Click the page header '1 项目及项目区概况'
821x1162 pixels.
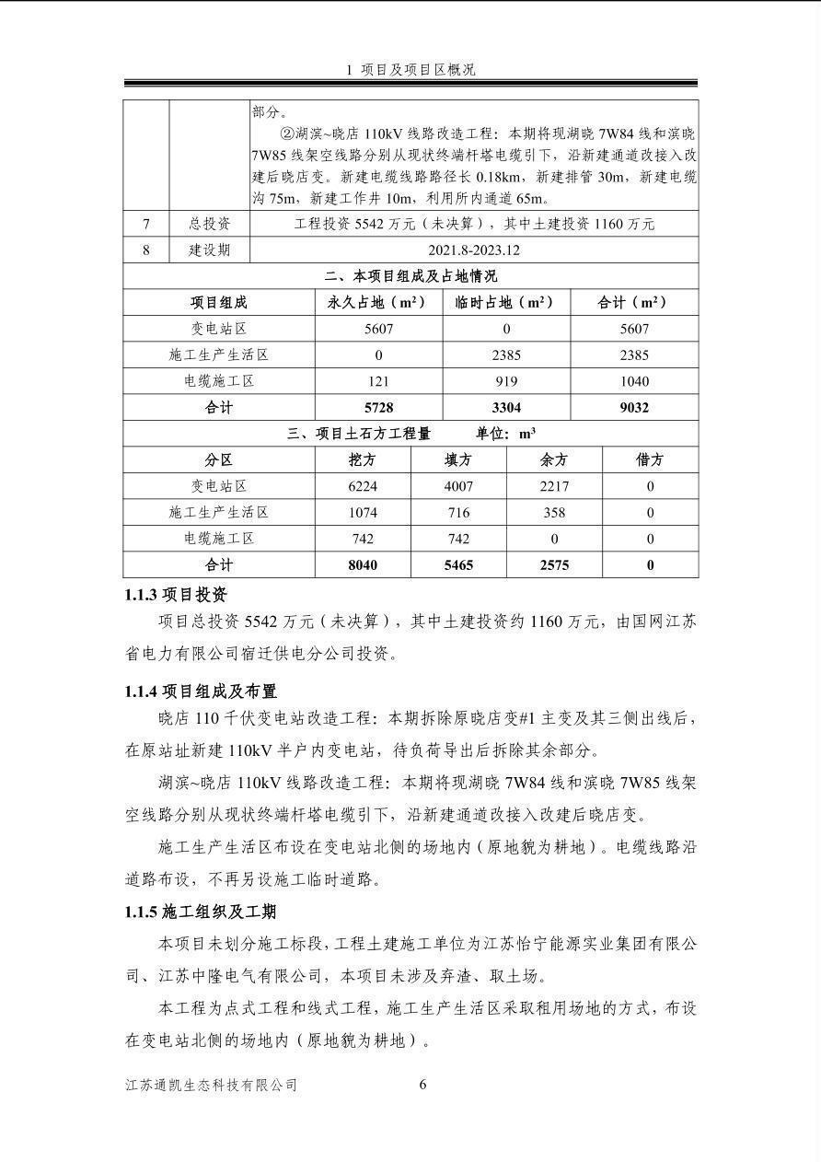(410, 70)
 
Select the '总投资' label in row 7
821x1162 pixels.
(210, 224)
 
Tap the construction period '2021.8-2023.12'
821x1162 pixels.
(474, 250)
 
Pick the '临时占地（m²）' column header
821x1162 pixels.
(505, 302)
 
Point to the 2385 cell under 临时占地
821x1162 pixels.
(505, 355)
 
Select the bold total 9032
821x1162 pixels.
(634, 408)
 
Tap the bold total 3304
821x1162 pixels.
(505, 408)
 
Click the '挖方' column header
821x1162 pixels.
(363, 459)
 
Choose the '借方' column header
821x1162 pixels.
(650, 459)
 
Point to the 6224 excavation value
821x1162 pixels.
(363, 486)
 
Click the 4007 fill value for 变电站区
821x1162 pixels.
(458, 486)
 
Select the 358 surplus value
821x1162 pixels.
(554, 512)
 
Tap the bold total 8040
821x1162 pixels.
(363, 564)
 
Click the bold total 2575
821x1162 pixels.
(554, 564)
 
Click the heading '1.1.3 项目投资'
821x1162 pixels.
(176, 595)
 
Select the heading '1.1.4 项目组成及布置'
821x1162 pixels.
(201, 691)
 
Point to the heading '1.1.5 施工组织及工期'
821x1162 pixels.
(201, 912)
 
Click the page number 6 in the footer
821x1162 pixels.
(422, 1085)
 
